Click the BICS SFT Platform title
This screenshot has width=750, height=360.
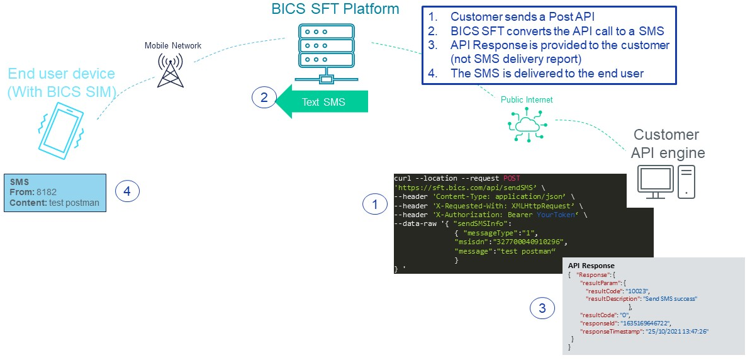click(335, 9)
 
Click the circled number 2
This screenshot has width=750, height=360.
click(264, 98)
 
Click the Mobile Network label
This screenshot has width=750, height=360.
click(173, 45)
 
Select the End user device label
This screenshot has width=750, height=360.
click(62, 83)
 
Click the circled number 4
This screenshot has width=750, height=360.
click(126, 191)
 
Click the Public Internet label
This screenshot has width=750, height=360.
click(527, 99)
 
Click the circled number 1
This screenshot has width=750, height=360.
click(375, 204)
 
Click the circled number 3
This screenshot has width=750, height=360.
click(542, 308)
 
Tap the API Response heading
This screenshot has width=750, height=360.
click(591, 266)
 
